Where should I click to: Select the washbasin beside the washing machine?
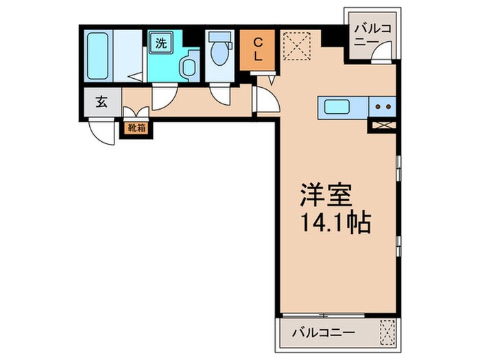[187, 66]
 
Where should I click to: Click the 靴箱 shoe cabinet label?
[136, 126]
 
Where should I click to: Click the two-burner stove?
[383, 107]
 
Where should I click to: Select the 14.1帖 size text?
[335, 224]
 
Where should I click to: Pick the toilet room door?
[221, 94]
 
